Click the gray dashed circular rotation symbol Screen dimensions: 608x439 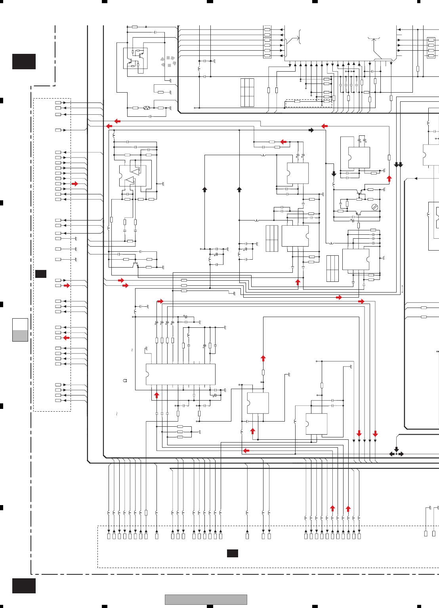click(168, 62)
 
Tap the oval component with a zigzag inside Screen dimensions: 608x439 click(147, 108)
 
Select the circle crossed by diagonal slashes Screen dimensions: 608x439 click(375, 207)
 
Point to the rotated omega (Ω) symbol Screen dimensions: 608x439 click(125, 380)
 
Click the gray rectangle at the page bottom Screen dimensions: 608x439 click(206, 600)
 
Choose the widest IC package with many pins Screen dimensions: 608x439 click(181, 374)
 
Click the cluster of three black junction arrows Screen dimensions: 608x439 click(396, 452)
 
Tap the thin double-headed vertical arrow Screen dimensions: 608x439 click(403, 289)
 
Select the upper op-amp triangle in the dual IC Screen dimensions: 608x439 click(136, 171)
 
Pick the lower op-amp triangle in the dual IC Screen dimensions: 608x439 click(130, 180)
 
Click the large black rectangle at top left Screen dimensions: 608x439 click(24, 61)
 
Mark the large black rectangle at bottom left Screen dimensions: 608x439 click(24, 586)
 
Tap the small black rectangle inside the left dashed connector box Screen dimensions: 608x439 click(41, 274)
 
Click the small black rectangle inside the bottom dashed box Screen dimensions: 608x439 click(233, 553)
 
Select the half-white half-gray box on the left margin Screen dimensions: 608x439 click(20, 330)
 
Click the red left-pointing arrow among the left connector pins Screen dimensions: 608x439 click(66, 338)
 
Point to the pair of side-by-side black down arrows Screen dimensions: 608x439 click(398, 165)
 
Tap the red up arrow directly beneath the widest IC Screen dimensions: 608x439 click(157, 395)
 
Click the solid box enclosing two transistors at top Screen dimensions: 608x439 click(136, 58)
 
